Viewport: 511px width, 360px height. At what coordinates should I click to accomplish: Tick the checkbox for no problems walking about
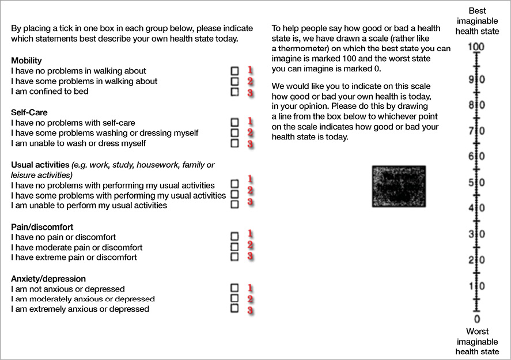234,70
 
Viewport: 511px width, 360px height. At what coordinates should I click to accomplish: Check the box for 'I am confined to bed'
234,92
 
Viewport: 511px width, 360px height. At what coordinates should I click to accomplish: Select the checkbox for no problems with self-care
234,122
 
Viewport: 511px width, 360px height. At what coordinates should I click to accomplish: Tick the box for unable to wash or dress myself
234,143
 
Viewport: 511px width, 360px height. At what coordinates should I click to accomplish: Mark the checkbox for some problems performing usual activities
234,194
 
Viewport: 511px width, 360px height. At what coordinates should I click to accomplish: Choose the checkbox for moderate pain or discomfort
234,247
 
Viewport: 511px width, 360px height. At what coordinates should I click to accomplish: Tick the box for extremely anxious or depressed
234,308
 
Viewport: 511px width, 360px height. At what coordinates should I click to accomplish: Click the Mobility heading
27,60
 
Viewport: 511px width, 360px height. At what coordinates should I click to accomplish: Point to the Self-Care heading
29,112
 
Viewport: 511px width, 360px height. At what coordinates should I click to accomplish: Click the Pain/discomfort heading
42,227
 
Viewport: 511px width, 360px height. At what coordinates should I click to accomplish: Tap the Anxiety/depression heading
48,279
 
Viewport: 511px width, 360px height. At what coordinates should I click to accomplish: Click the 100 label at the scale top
476,47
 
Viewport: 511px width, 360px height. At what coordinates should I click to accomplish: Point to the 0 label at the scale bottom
476,319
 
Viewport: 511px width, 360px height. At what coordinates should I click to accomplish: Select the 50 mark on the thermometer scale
476,183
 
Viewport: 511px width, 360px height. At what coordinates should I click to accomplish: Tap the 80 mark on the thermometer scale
476,105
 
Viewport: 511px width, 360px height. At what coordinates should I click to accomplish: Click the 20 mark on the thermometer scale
476,260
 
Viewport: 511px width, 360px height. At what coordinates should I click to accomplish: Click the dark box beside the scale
399,186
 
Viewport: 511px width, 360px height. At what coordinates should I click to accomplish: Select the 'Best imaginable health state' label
477,21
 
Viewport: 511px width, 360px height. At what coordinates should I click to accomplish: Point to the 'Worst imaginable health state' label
477,341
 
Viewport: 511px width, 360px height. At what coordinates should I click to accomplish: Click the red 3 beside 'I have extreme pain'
251,256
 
